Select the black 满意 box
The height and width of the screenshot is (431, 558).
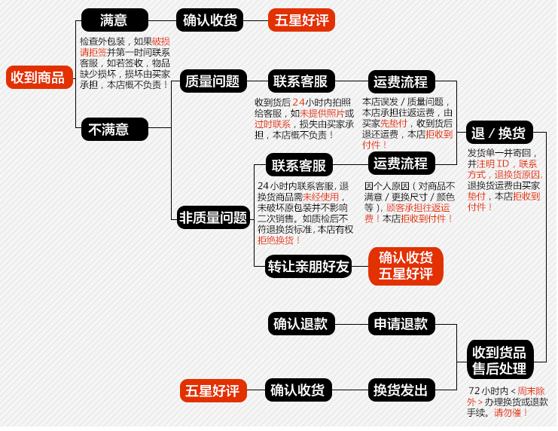(x=114, y=20)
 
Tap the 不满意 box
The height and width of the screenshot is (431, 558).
(x=114, y=129)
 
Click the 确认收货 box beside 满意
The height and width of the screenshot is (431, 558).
(x=210, y=20)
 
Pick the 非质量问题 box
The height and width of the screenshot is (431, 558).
(x=213, y=218)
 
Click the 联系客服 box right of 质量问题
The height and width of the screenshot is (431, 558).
(x=300, y=81)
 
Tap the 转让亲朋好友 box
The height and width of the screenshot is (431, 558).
(x=309, y=266)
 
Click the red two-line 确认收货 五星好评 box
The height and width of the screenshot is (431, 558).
(x=405, y=266)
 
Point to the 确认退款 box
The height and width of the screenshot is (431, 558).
(x=300, y=324)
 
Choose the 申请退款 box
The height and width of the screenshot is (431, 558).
(x=401, y=324)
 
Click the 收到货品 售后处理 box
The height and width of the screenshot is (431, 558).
(x=499, y=359)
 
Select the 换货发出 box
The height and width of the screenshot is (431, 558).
(x=401, y=390)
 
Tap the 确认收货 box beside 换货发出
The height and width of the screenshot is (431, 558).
(x=298, y=390)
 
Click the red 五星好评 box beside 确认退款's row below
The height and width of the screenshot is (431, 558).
(x=214, y=390)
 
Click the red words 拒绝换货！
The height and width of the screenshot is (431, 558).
(x=279, y=240)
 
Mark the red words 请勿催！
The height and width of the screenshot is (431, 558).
(x=511, y=413)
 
